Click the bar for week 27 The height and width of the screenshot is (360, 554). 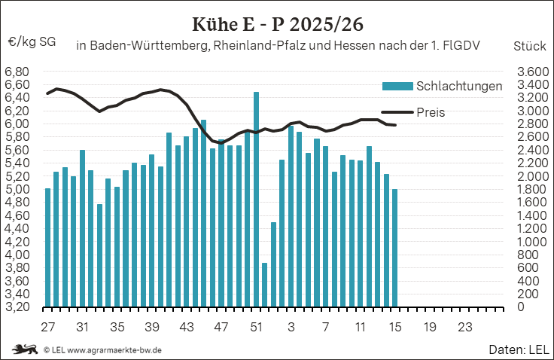(x=47, y=248)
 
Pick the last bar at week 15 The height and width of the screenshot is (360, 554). (x=394, y=248)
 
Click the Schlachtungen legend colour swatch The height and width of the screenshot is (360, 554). (x=398, y=86)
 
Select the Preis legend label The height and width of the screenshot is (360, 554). (x=431, y=112)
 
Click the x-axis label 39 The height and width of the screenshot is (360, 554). (x=151, y=328)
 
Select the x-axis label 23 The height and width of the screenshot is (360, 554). (x=464, y=328)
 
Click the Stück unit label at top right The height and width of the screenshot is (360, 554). (x=529, y=45)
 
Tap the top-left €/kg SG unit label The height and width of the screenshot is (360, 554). (x=32, y=42)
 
